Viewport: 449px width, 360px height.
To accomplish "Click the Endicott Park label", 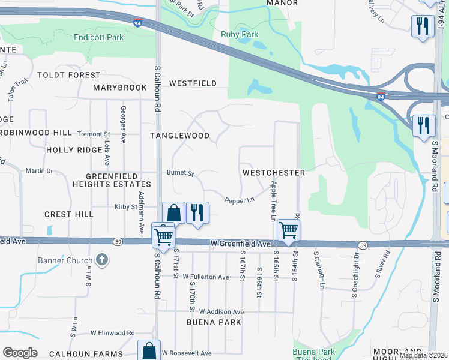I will point(98,37).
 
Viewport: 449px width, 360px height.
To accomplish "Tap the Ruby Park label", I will point(240,34).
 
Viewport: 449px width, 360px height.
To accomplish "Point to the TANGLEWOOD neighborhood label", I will point(179,136).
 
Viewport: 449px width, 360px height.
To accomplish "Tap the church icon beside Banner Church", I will point(103,260).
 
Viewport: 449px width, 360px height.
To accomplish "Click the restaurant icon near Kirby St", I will point(197,212).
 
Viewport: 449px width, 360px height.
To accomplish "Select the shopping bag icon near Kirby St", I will point(173,212).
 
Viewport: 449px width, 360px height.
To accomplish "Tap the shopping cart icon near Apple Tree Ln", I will point(289,229).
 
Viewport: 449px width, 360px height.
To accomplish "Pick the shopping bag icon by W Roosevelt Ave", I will point(149,350).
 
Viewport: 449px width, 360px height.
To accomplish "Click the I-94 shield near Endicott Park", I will point(138,23).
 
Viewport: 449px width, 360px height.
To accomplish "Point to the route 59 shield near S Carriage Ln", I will point(363,245).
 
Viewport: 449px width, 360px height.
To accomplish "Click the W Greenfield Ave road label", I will point(240,244).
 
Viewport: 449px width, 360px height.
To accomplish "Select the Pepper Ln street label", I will point(240,200).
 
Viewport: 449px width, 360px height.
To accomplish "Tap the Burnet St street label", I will point(181,174).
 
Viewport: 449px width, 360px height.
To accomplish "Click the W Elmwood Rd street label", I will point(113,332).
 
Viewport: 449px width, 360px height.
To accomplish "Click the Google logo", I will point(20,353).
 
